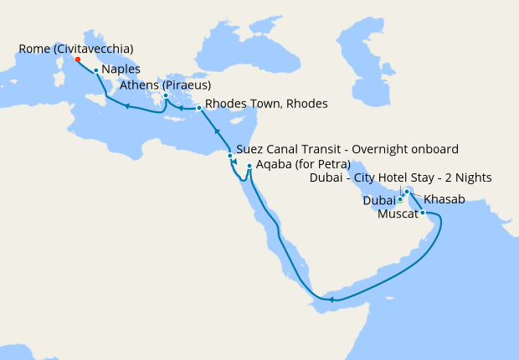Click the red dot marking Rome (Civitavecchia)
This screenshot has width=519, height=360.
(78, 59)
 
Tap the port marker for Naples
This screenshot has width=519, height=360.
(96, 70)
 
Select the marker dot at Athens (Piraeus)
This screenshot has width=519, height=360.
(166, 96)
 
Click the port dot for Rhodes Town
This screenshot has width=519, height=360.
(198, 108)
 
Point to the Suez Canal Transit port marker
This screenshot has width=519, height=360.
(230, 155)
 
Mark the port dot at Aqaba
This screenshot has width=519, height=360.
(249, 166)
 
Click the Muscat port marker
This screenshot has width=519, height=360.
(423, 213)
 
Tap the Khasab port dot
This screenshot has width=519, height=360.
(407, 192)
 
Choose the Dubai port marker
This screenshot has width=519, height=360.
(400, 198)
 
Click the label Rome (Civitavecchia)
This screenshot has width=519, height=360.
(75, 49)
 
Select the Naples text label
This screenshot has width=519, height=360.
(121, 69)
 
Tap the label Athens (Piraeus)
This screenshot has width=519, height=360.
(165, 85)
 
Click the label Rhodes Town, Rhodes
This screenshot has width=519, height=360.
(266, 104)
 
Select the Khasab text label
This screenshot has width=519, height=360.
(444, 200)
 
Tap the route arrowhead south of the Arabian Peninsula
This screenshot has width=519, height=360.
(332, 299)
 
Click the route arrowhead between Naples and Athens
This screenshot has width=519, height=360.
(126, 105)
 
